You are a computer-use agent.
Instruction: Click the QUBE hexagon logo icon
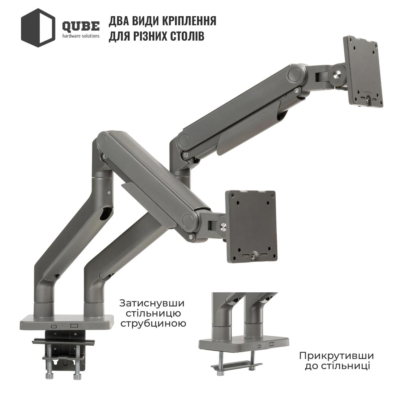38,28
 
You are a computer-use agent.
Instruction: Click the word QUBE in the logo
81,27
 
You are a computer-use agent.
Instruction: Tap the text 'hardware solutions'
81,36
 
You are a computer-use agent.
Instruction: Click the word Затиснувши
152,303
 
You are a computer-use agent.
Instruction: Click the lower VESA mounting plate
251,227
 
